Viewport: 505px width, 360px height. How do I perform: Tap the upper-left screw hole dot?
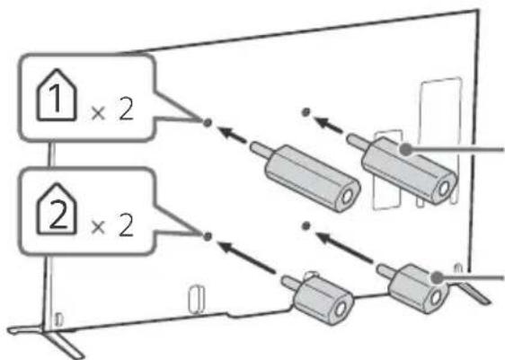coord(208,122)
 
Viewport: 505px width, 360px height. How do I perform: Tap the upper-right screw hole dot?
coord(306,112)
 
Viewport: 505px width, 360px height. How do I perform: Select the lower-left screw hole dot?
coord(208,237)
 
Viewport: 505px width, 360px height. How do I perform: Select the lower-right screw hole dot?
coord(306,226)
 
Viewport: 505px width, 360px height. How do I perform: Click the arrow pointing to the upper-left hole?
coord(232,136)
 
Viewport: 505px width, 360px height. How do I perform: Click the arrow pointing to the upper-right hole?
coord(329,125)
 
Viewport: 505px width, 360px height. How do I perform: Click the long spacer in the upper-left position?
coord(306,175)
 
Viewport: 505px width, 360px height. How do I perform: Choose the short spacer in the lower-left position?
coord(318,297)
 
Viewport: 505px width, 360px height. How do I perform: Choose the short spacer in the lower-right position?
coord(414,287)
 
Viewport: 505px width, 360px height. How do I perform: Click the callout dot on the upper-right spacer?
coord(406,149)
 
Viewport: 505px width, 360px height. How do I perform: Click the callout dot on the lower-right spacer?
coord(437,277)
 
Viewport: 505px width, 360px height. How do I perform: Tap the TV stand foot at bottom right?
coord(474,292)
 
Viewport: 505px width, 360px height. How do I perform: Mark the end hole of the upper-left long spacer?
coord(347,197)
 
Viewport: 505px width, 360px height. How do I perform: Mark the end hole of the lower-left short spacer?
coord(341,310)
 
